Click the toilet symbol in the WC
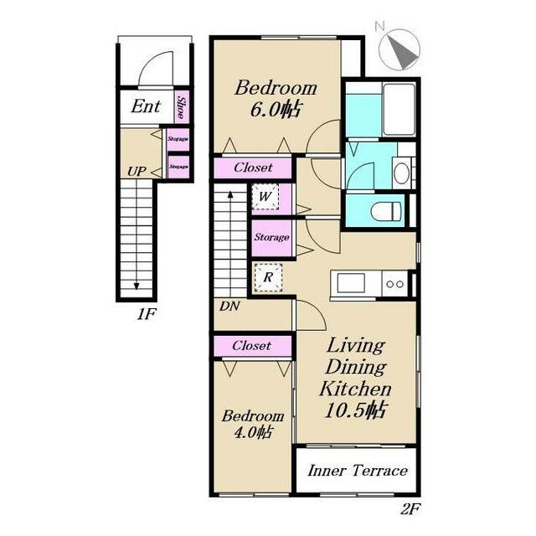pos(385,211)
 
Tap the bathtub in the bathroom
pos(399,109)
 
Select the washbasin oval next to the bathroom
pos(401,173)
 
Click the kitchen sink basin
pos(350,283)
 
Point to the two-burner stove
pos(394,284)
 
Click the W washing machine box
pos(265,197)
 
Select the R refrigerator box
pos(268,277)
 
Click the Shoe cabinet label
pos(182,106)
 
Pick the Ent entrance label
pos(146,106)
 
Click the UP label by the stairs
pos(137,171)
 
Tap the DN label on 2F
pos(229,307)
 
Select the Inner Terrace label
pos(358,471)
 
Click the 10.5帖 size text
pos(355,410)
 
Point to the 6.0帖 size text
pos(276,110)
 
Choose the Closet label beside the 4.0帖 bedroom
pos(252,346)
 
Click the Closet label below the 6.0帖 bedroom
pos(253,167)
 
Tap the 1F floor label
pos(147,314)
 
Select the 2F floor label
pos(410,510)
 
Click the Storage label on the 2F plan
pos(271,237)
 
